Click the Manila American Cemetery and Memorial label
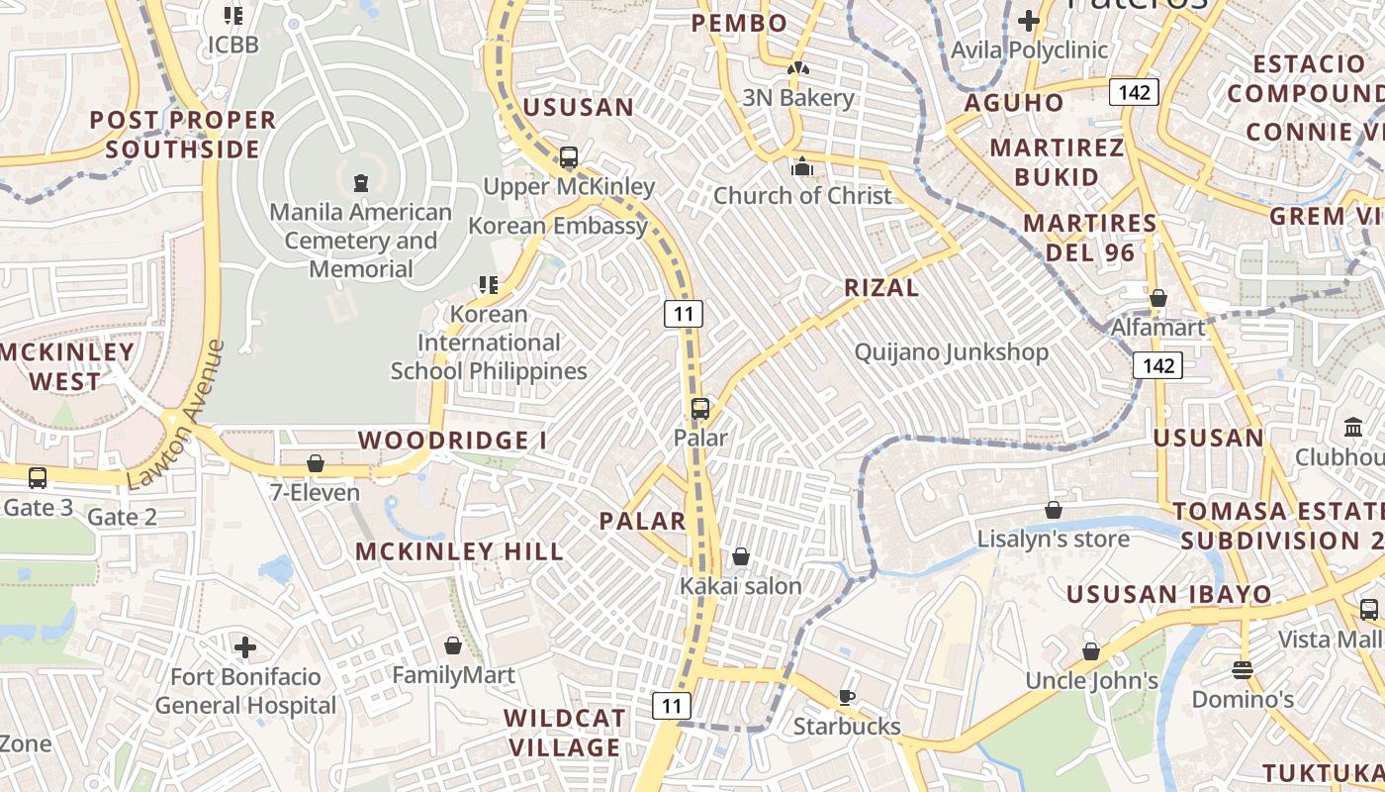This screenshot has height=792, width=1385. pyautogui.click(x=360, y=241)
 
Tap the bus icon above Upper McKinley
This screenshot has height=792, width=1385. pyautogui.click(x=569, y=157)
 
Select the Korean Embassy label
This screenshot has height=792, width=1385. pyautogui.click(x=558, y=226)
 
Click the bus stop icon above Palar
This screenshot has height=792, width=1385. pyautogui.click(x=700, y=408)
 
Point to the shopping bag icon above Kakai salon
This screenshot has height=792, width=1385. pyautogui.click(x=740, y=557)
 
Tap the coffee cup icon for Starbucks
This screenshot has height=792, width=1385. pyautogui.click(x=846, y=697)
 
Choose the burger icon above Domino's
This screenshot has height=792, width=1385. pyautogui.click(x=1243, y=670)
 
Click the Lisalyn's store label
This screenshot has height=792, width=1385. pyautogui.click(x=1054, y=540)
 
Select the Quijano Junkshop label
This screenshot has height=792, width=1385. pyautogui.click(x=952, y=352)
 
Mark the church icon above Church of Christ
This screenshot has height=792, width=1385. pyautogui.click(x=802, y=167)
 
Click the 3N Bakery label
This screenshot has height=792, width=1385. pyautogui.click(x=798, y=98)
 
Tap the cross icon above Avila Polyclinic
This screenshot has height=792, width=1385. pyautogui.click(x=1029, y=20)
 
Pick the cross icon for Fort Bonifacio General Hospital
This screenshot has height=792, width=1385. pyautogui.click(x=245, y=648)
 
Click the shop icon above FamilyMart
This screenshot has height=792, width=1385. pyautogui.click(x=453, y=646)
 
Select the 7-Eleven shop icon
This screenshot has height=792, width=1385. pyautogui.click(x=316, y=463)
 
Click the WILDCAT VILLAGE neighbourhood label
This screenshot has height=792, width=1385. pyautogui.click(x=564, y=733)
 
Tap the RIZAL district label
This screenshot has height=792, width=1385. pyautogui.click(x=881, y=288)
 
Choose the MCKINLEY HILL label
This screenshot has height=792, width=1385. pyautogui.click(x=459, y=551)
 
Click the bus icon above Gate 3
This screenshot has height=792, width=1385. pyautogui.click(x=38, y=478)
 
